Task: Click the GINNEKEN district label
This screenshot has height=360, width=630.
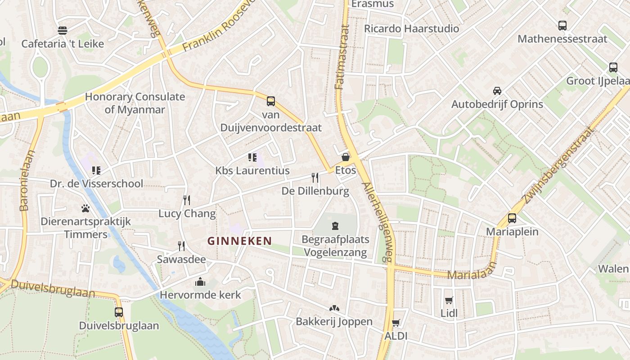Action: [x=239, y=241]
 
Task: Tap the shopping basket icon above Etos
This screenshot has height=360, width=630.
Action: [x=346, y=157]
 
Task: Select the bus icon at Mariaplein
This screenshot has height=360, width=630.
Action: [x=512, y=218]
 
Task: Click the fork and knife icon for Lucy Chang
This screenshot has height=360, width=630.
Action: [x=187, y=200]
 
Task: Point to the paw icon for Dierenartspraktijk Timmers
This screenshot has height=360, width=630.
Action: [x=85, y=208]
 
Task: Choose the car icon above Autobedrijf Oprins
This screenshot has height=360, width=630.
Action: [x=497, y=90]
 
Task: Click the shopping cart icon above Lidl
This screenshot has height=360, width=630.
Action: [x=449, y=300]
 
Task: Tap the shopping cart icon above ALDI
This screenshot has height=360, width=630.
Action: [x=396, y=323]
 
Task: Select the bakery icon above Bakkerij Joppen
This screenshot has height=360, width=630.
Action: [x=334, y=308]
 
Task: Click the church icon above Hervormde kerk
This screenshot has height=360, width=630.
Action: [x=200, y=282]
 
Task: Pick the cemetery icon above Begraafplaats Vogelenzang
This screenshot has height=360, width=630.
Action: [x=335, y=225]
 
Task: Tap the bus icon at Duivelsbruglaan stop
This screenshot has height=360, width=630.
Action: [x=119, y=312]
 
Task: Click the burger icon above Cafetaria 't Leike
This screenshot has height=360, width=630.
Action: [x=63, y=31]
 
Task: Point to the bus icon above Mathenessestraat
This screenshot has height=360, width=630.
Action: [x=562, y=26]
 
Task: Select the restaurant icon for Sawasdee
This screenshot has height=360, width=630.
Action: [x=181, y=246]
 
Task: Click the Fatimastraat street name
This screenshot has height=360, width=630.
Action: [x=343, y=57]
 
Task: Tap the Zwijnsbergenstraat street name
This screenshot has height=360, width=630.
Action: [x=558, y=165]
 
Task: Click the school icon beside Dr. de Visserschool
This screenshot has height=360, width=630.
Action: [x=96, y=170]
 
